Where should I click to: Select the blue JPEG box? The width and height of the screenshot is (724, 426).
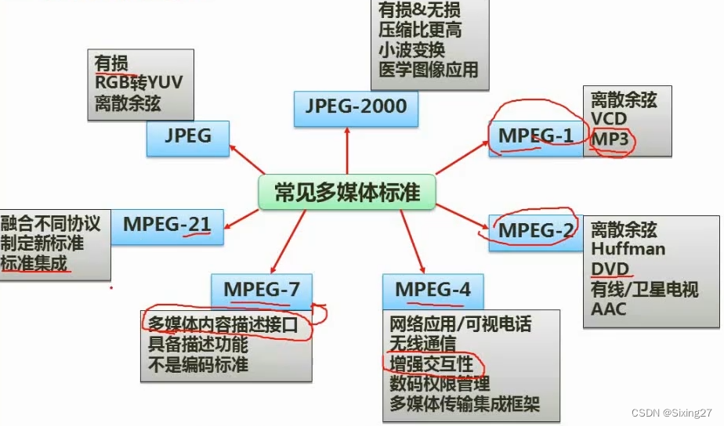(188, 136)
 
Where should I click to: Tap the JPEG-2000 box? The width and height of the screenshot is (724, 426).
(356, 107)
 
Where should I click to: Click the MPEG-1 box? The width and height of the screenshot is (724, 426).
(535, 135)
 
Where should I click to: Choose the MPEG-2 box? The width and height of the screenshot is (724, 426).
(535, 231)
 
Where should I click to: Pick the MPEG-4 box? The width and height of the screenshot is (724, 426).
(433, 290)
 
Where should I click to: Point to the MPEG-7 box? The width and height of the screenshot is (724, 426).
(262, 290)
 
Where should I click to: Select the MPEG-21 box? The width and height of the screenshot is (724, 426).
(167, 225)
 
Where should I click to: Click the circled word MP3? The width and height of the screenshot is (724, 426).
(611, 139)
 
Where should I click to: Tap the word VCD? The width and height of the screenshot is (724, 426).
(610, 119)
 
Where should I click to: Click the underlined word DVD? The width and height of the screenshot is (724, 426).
(610, 269)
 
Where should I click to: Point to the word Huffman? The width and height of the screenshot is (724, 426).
(628, 249)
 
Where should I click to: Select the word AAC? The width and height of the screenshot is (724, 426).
(609, 309)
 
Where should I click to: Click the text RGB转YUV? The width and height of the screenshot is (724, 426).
(139, 82)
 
